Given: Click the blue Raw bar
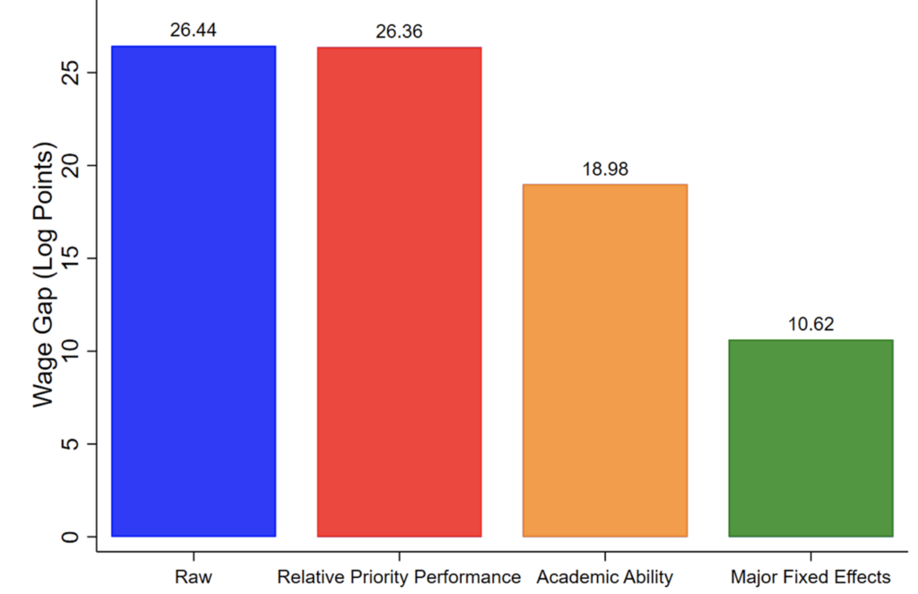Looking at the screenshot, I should pos(193,292).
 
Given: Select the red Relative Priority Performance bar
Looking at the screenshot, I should pos(399,292).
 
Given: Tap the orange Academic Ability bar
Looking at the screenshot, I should pos(604,360).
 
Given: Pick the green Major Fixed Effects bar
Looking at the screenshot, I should pos(810,438).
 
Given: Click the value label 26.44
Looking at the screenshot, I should pos(193,31).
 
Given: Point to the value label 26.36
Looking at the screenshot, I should pos(399,32).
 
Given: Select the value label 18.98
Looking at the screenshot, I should pos(604,169).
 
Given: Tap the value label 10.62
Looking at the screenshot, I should pos(810,324).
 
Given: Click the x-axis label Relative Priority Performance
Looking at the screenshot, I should pos(399,576).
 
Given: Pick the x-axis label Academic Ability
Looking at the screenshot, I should pos(604,576).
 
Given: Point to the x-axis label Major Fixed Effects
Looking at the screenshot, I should pos(810,576).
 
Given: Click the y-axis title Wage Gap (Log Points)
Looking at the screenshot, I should pos(46,274).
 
